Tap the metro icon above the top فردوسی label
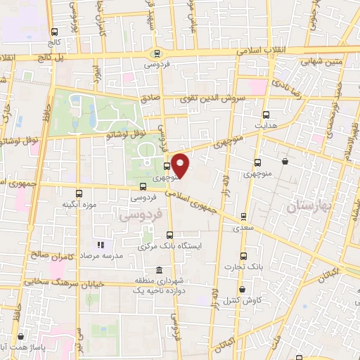tap(156, 53)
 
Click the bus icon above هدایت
tap(266, 115)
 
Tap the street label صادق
tap(150, 100)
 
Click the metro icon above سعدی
tap(243, 217)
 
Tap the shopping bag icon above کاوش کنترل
tap(242, 288)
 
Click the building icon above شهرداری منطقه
tap(159, 271)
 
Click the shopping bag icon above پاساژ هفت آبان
tap(20, 337)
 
